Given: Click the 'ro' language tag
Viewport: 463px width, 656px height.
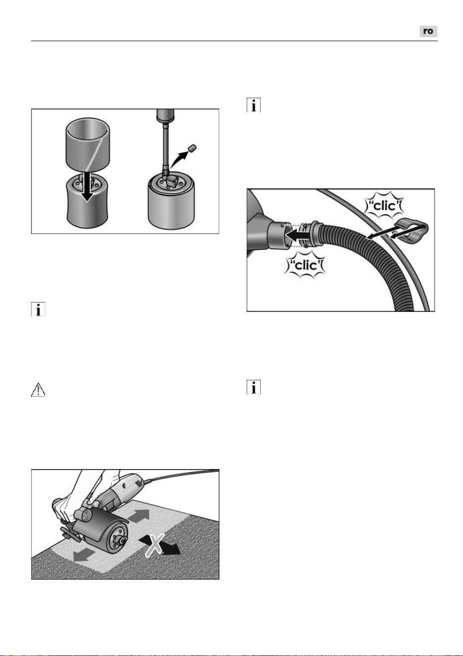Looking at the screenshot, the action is tap(428, 31).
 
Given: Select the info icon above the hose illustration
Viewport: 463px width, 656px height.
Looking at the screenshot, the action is tap(254, 105).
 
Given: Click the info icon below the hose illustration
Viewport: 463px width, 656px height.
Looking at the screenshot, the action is tap(254, 387).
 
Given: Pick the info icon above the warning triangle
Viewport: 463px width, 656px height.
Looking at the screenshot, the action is tap(38, 309).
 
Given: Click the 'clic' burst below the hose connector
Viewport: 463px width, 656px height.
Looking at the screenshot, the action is tap(305, 265).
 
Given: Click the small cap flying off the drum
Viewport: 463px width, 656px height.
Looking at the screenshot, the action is tap(192, 148).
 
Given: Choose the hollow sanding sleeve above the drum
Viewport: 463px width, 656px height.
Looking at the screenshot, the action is tap(88, 144).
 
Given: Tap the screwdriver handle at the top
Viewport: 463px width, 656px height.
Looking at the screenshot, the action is tap(166, 115).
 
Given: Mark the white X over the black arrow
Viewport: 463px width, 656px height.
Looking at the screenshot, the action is tap(155, 545).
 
